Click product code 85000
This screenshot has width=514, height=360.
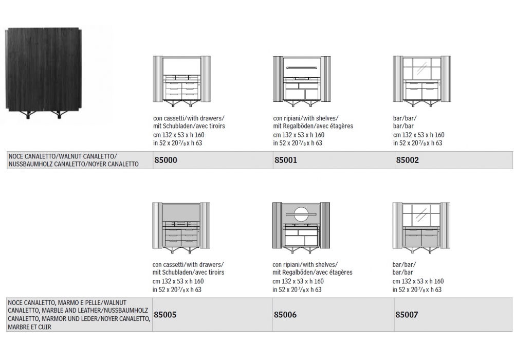(166, 160)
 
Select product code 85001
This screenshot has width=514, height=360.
(285, 160)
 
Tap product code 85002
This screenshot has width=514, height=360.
(408, 160)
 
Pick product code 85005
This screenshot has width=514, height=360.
(165, 315)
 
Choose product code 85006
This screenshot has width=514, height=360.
(285, 315)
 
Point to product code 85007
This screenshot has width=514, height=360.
(407, 315)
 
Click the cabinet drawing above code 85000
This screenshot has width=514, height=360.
(181, 81)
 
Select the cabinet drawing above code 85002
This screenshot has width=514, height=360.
(421, 81)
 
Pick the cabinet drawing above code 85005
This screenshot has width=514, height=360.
(181, 228)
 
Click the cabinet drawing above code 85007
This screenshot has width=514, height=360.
(421, 228)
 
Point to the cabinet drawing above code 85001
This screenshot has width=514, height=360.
(302, 81)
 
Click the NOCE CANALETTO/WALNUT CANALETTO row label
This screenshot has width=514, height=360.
(74, 160)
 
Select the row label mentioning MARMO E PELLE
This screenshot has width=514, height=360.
(79, 315)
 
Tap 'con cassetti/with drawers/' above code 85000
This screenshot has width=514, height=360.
(189, 118)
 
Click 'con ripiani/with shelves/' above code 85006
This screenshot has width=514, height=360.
(305, 264)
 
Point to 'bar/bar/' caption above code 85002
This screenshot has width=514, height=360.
(405, 118)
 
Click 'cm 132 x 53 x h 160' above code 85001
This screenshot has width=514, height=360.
(299, 135)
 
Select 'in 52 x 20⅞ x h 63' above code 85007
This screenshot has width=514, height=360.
(417, 290)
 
